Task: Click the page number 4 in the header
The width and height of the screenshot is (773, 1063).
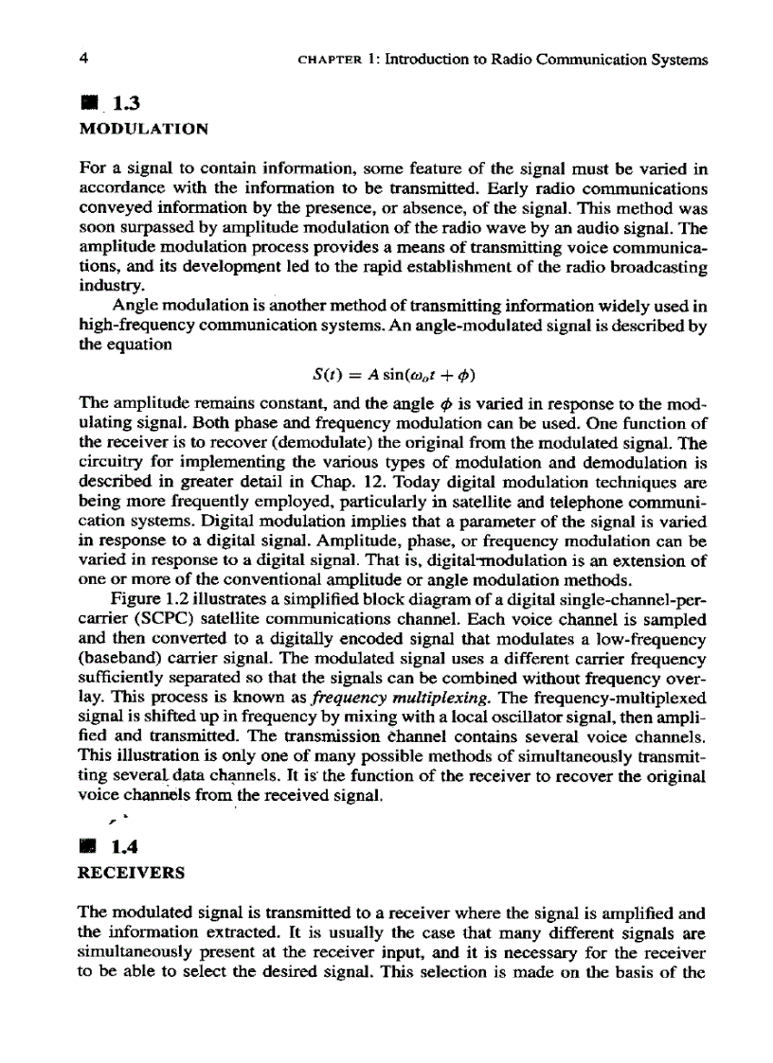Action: coord(85,60)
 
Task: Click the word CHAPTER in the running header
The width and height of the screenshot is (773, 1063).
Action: coord(327,61)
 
